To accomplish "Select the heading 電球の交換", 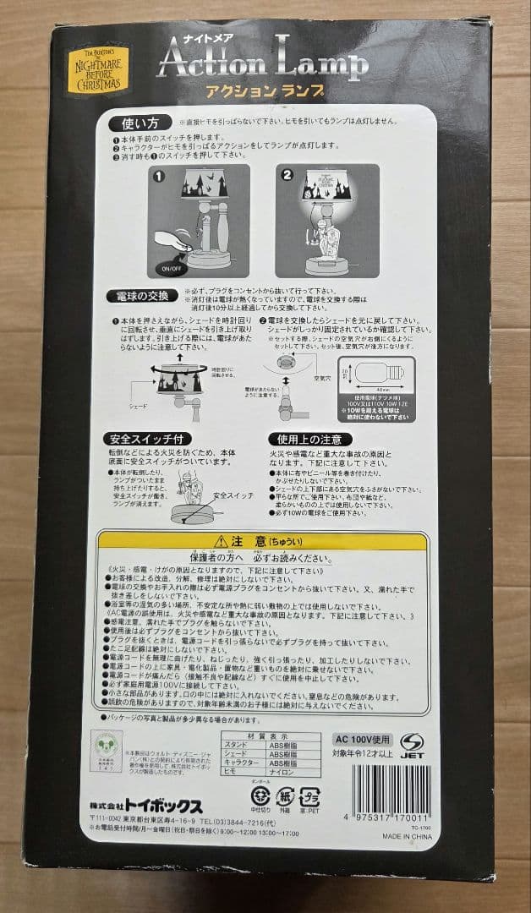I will (x=141, y=295).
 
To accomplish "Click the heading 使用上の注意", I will (x=307, y=439).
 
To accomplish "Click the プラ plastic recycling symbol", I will (x=311, y=797).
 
